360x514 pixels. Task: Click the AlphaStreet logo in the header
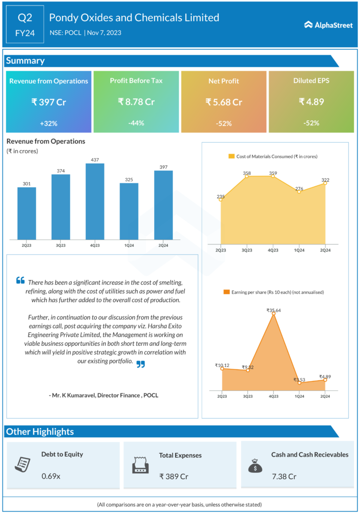click(x=328, y=25)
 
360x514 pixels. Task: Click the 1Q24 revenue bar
click(x=129, y=211)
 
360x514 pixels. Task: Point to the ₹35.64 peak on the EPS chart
click(x=273, y=314)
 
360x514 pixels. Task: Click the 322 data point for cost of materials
click(x=325, y=183)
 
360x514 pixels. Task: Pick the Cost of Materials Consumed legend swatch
click(x=231, y=157)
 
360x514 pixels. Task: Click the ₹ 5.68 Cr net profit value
click(x=224, y=102)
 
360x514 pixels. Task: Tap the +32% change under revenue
click(x=49, y=123)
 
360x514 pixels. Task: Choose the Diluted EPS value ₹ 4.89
click(x=311, y=102)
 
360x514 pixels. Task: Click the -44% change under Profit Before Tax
click(x=136, y=123)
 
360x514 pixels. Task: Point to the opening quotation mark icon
click(x=20, y=280)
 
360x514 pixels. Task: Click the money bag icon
click(x=255, y=466)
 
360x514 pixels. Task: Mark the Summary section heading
click(x=25, y=61)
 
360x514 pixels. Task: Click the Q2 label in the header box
click(x=25, y=18)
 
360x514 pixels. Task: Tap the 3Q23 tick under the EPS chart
click(x=247, y=397)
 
